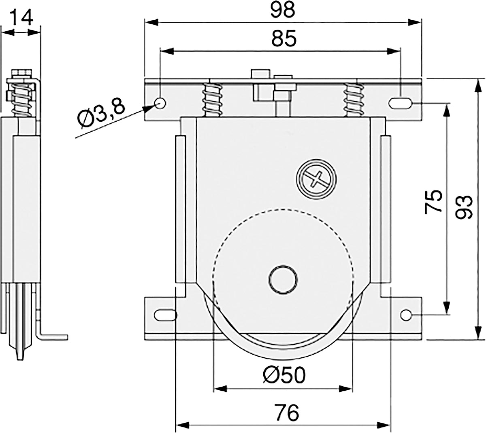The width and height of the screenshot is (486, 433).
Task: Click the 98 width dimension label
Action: (x=282, y=10)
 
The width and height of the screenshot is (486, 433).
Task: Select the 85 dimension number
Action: (x=284, y=38)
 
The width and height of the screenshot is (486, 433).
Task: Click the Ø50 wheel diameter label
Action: (x=284, y=375)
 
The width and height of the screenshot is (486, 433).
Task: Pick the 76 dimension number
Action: (x=287, y=412)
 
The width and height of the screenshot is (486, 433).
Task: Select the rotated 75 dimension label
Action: (x=433, y=201)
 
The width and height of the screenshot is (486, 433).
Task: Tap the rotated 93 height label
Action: (x=464, y=207)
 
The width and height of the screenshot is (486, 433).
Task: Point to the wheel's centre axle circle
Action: (x=283, y=279)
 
